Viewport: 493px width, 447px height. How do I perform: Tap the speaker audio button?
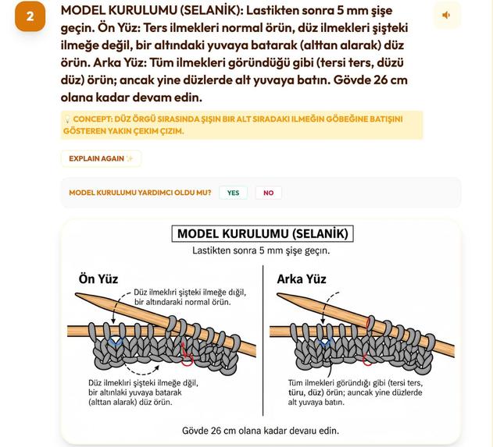click(x=446, y=15)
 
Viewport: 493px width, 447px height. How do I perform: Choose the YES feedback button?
click(x=233, y=193)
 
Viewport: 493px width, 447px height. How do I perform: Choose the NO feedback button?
click(x=268, y=193)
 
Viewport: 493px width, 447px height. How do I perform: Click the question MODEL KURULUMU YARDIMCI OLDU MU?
click(x=140, y=193)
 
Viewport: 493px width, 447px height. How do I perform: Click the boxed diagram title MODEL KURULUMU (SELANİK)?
click(x=263, y=234)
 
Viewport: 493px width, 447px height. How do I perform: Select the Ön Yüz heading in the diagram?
click(x=98, y=278)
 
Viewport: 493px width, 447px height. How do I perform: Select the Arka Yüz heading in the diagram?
click(x=301, y=278)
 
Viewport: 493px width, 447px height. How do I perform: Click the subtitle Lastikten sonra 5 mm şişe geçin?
click(x=262, y=251)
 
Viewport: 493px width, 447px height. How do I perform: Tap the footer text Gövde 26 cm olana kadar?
click(x=260, y=430)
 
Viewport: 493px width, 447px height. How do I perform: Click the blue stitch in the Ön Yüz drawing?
click(x=116, y=342)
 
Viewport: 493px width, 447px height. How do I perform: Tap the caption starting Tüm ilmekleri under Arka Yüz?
click(x=355, y=392)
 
